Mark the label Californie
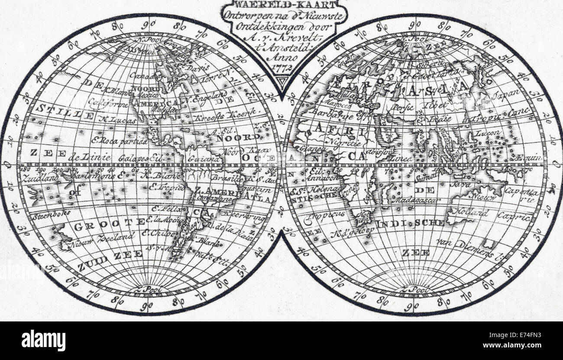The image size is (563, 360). (108, 103)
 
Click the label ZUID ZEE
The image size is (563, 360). (110, 255)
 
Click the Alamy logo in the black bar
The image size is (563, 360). (43, 340)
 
